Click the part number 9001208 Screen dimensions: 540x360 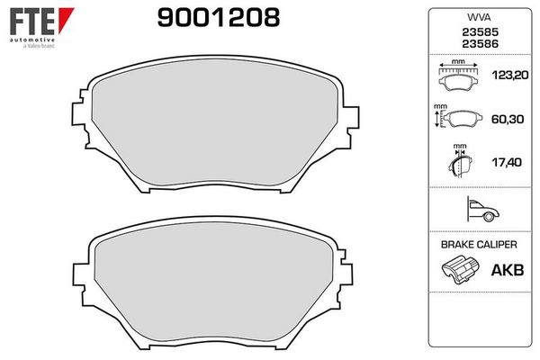click(x=219, y=18)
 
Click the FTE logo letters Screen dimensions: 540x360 click(x=32, y=22)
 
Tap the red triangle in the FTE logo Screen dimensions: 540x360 click(x=65, y=20)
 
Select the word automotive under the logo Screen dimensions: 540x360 click(x=32, y=40)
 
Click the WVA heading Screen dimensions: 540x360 click(x=479, y=17)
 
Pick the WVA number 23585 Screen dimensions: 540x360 click(x=480, y=32)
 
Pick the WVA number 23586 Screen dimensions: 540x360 click(x=480, y=44)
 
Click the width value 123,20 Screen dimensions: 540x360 click(x=510, y=75)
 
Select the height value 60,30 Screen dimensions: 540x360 click(x=508, y=119)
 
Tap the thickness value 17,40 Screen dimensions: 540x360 click(x=507, y=162)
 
